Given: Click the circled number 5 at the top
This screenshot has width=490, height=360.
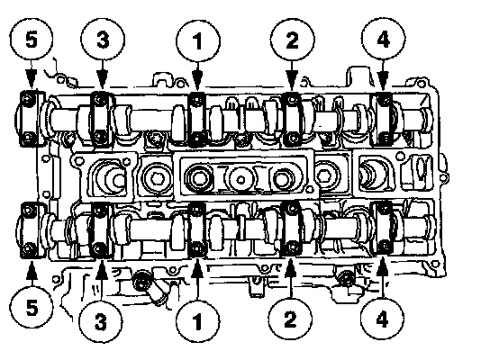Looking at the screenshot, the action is click(32, 40).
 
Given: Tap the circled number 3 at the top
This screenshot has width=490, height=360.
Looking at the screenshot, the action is click(103, 40).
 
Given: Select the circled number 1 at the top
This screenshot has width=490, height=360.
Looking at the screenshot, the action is click(198, 41).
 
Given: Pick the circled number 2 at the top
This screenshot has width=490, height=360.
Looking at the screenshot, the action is click(292, 40).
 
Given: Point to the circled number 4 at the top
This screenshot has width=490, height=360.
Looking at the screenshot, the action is click(384, 40).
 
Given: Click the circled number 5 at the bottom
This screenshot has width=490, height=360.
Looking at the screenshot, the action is click(32, 308).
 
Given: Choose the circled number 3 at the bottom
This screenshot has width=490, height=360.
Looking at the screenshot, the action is click(101, 321).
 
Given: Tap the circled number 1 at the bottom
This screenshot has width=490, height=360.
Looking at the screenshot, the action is click(198, 321).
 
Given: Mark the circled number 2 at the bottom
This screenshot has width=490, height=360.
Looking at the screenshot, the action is click(290, 319).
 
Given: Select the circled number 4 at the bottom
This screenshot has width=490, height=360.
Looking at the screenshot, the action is click(382, 319).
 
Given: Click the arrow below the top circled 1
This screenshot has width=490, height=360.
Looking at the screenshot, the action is click(197, 76).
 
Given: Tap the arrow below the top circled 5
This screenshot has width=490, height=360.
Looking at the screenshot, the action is click(31, 75).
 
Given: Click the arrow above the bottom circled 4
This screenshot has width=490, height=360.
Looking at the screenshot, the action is click(383, 277).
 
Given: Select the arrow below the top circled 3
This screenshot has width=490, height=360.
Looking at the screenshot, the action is click(102, 76).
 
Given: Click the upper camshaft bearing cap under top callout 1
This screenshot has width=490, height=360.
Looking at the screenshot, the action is click(197, 120).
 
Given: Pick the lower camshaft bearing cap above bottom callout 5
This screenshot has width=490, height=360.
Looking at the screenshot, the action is click(31, 230).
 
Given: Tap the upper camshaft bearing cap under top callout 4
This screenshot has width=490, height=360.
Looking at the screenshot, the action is click(382, 119).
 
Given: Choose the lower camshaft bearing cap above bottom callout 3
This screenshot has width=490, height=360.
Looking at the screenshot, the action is click(100, 230).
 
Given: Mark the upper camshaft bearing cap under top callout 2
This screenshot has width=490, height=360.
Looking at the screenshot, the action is click(292, 119).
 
